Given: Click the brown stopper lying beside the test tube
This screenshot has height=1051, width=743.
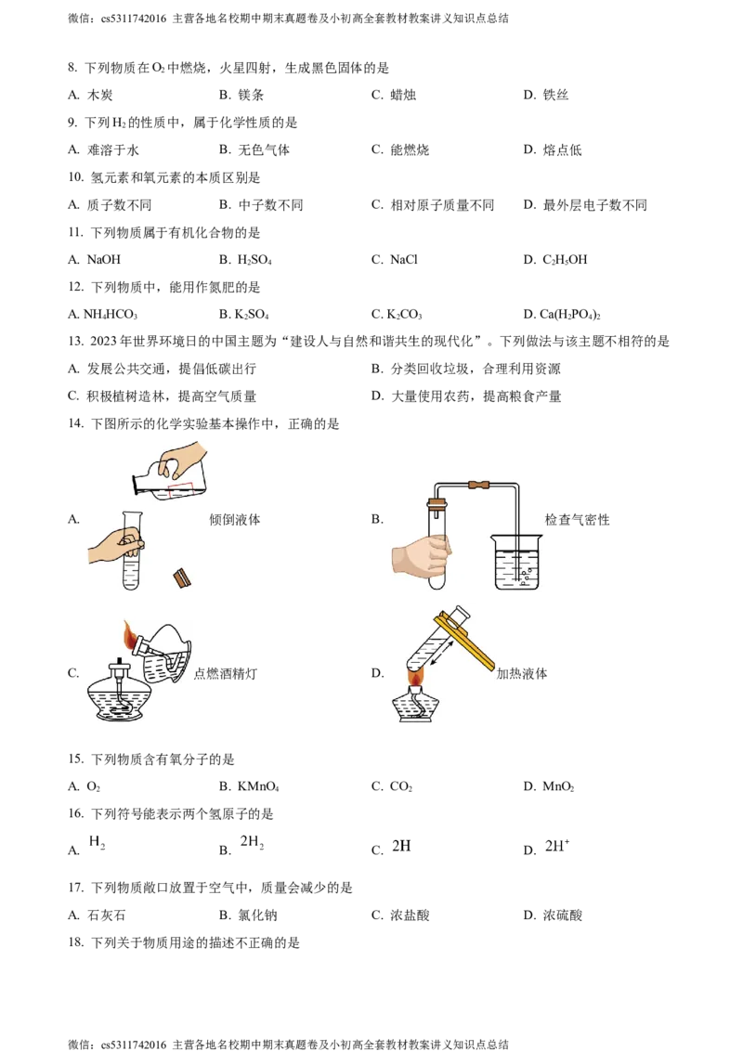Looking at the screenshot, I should click(181, 578).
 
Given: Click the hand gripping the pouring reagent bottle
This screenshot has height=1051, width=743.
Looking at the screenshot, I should click(182, 461).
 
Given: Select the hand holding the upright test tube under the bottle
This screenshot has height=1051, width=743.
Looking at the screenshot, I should click(116, 545).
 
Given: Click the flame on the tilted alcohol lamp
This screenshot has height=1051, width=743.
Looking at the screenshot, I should click(129, 636).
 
